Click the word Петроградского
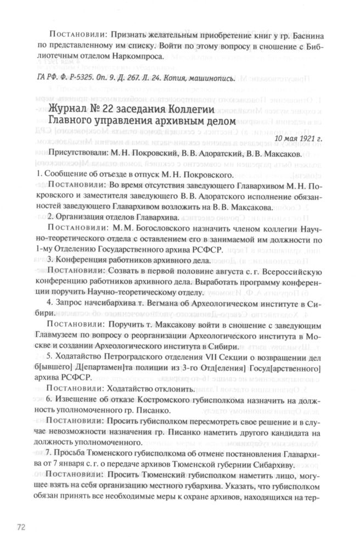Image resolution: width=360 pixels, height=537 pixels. (127, 357)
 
